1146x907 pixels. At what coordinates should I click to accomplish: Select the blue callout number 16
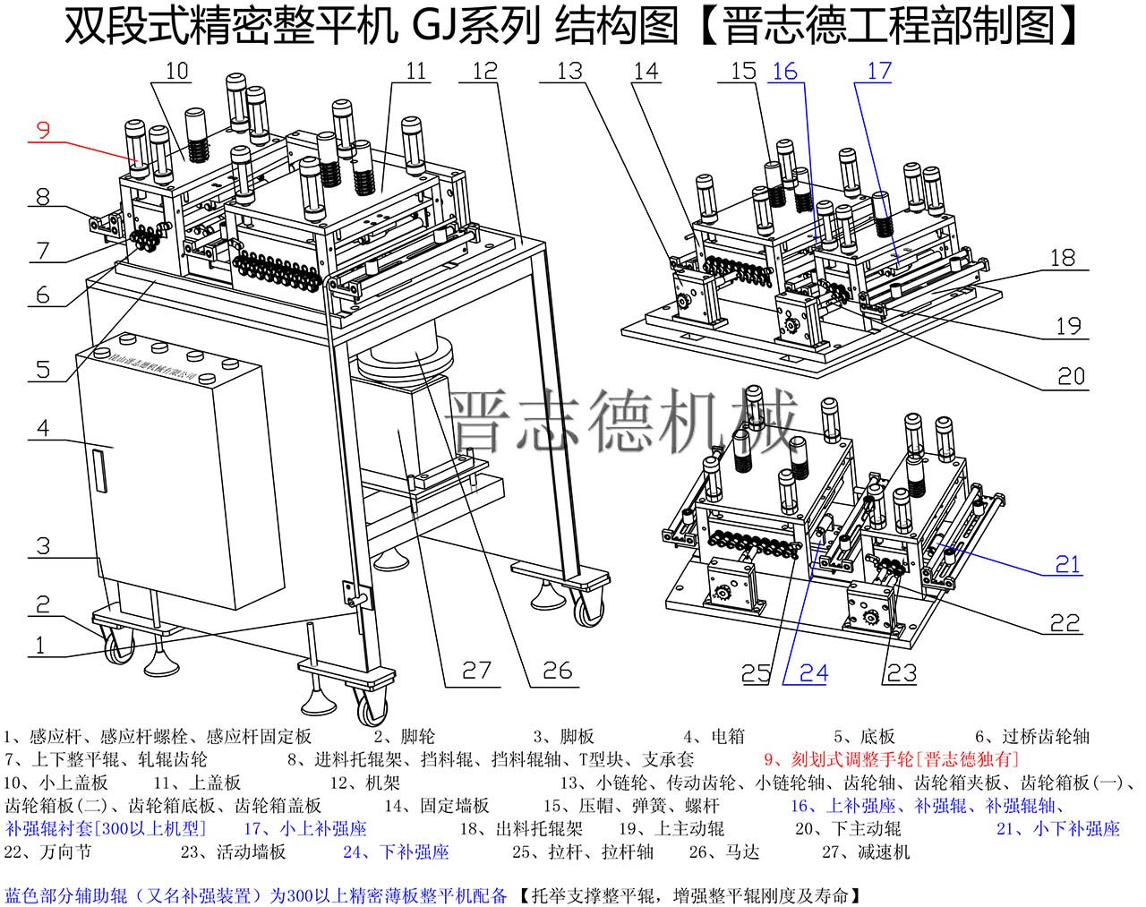[784, 71]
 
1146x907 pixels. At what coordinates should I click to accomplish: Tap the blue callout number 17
[879, 71]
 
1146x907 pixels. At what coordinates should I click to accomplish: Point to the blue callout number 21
[1067, 565]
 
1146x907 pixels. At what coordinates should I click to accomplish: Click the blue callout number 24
[813, 672]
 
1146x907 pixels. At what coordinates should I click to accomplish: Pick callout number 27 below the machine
[476, 671]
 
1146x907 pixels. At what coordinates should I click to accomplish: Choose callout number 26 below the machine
[557, 671]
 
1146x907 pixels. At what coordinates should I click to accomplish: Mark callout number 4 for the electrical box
[43, 428]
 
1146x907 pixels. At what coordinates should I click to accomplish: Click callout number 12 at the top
[484, 71]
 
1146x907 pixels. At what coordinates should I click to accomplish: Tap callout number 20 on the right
[1071, 376]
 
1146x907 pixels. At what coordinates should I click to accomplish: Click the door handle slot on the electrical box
[99, 471]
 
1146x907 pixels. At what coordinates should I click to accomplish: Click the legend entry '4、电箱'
[714, 737]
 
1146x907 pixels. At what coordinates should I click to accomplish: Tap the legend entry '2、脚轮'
[405, 737]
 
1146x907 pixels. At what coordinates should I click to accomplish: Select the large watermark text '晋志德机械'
[625, 421]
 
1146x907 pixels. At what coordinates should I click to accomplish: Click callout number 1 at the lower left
[38, 646]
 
